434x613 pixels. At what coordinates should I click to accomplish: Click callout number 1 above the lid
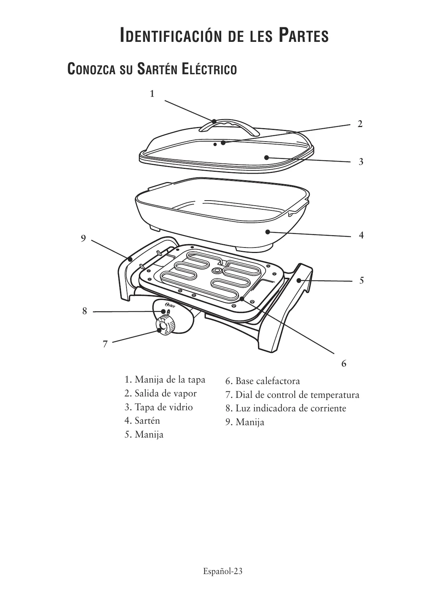(x=152, y=94)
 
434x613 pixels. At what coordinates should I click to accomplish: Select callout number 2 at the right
(x=360, y=124)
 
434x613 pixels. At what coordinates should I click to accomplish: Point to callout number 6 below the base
(x=344, y=363)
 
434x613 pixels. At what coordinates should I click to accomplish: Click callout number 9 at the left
(x=83, y=238)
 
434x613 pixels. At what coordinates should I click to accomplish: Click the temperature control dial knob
(x=165, y=325)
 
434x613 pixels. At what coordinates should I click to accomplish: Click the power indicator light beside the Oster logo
(x=168, y=312)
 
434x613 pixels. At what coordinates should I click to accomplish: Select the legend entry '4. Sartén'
(x=142, y=421)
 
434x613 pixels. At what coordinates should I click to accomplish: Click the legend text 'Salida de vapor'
(x=165, y=393)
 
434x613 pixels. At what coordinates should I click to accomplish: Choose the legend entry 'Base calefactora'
(x=267, y=381)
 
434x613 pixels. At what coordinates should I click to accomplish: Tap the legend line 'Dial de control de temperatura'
(x=297, y=395)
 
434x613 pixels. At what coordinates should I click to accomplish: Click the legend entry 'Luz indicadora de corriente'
(x=290, y=408)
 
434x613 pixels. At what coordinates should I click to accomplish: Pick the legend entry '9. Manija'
(x=245, y=422)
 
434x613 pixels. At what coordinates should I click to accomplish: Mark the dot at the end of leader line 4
(x=267, y=232)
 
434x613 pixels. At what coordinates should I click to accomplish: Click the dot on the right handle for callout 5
(x=299, y=280)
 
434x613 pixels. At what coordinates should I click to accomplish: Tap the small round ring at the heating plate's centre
(x=217, y=270)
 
